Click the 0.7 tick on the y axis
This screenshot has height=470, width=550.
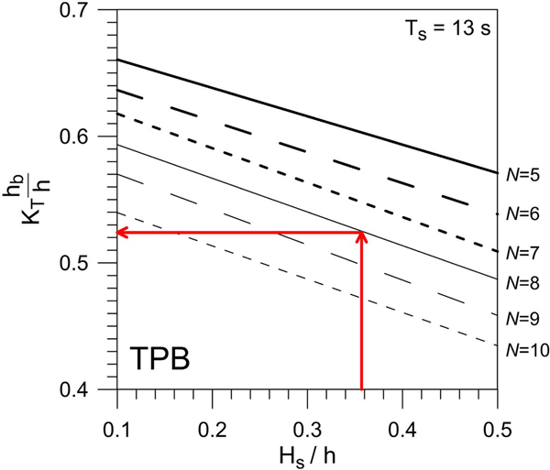[x=85, y=11]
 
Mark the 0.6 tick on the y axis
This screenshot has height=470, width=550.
[x=85, y=137]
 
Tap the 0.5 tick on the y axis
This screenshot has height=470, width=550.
[x=85, y=264]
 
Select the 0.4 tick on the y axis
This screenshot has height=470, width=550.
[x=85, y=390]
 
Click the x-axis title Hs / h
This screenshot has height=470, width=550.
[x=307, y=446]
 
